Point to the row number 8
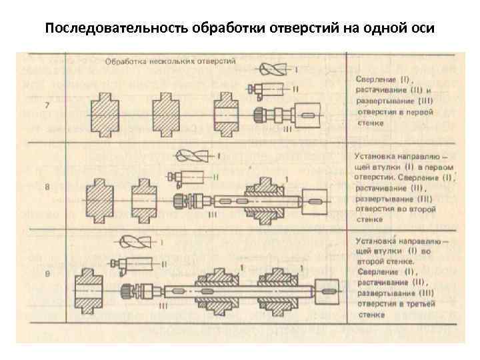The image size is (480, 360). (x=47, y=187)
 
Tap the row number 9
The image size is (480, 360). (x=47, y=274)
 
